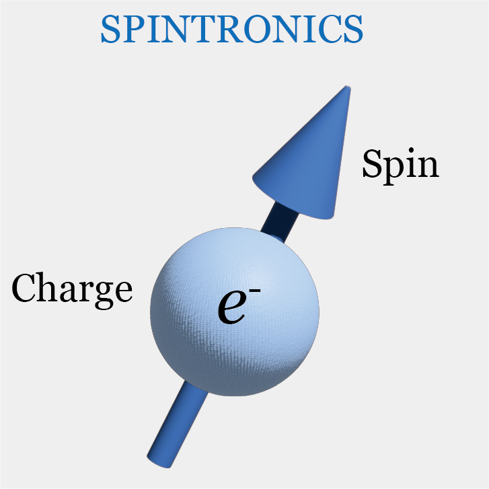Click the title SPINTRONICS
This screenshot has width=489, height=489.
231,29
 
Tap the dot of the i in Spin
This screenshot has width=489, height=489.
411,151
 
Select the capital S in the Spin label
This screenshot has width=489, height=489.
372,163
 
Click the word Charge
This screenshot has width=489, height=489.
72,290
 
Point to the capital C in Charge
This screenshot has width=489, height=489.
24,287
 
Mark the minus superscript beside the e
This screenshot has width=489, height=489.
255,291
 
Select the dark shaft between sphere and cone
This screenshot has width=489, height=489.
279,223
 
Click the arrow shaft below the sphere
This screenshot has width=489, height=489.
176,425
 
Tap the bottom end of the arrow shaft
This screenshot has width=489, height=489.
159,463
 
